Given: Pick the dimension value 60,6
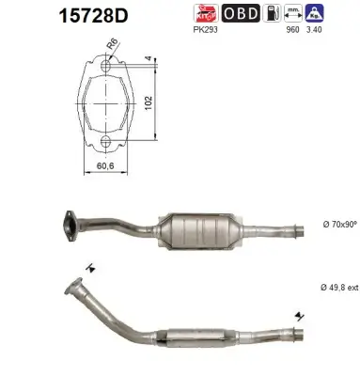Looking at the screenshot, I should pyautogui.click(x=105, y=166).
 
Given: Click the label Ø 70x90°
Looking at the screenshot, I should pyautogui.click(x=337, y=227).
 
